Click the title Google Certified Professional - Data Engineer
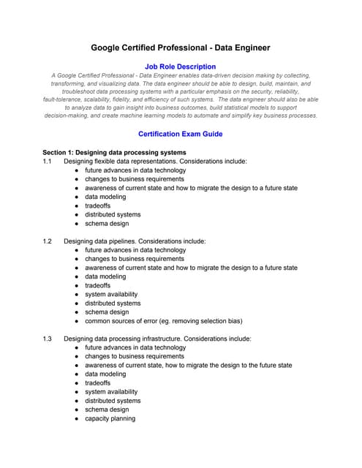tap(180, 48)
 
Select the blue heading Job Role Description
tap(180, 67)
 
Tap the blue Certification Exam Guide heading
tap(180, 134)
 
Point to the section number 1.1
tap(48, 161)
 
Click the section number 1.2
tap(48, 241)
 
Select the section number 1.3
tap(48, 339)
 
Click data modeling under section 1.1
tap(105, 197)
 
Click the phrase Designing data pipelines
tap(102, 241)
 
